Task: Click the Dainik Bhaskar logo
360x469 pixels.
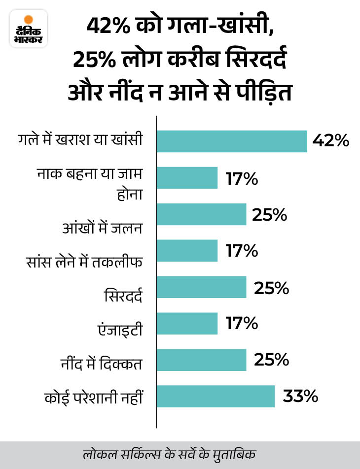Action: (x=28, y=29)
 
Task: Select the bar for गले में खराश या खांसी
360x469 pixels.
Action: (x=232, y=141)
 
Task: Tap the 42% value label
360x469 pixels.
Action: (x=330, y=141)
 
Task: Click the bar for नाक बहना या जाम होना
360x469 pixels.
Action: (x=187, y=178)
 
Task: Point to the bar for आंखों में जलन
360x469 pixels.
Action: (x=202, y=214)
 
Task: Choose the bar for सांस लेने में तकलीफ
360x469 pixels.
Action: (x=187, y=251)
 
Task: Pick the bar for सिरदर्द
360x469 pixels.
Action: (x=202, y=287)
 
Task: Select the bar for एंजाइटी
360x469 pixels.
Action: (x=187, y=324)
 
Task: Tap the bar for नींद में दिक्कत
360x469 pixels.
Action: (x=202, y=360)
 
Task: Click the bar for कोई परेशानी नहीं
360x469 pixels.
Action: (x=216, y=397)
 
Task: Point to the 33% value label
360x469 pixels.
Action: (x=300, y=397)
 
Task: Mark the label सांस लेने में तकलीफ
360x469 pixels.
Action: (x=85, y=262)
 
